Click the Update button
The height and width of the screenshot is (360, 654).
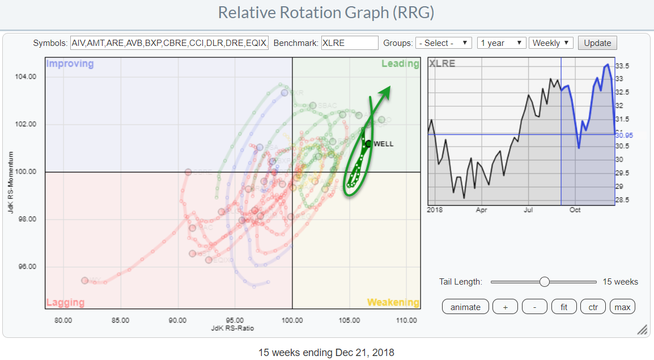pos(597,43)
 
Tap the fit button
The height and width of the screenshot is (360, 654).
pos(564,307)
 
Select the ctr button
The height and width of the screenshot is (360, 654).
pos(593,307)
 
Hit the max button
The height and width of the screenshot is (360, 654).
pos(622,307)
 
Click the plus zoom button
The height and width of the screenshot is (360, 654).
pos(506,307)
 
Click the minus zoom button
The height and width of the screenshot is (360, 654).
pos(534,307)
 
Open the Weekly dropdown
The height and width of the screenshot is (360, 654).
pos(551,43)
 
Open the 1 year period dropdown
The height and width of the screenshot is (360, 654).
pos(500,43)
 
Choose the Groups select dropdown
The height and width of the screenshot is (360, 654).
pos(443,43)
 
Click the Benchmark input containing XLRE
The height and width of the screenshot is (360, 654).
pos(349,43)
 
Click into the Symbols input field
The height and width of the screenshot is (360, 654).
pos(168,43)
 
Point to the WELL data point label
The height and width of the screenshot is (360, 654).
pos(383,144)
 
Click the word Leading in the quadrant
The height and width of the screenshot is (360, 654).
pos(400,63)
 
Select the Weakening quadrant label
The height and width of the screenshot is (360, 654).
pos(393,302)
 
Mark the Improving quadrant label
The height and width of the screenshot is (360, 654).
pos(70,63)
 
